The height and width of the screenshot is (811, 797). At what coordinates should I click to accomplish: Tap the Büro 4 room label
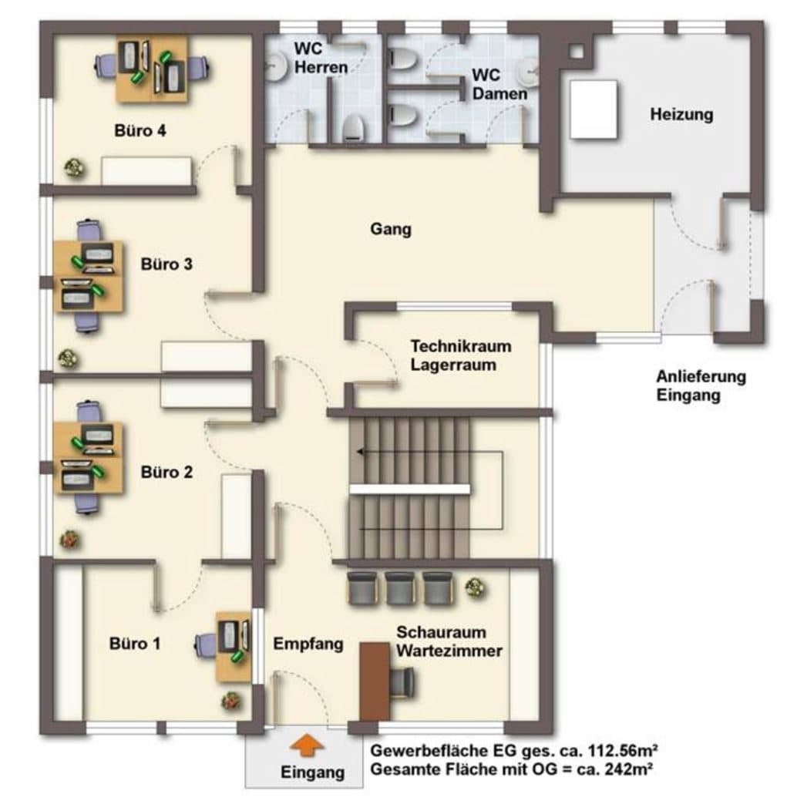[x=140, y=130]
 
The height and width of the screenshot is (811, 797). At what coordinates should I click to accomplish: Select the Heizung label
[x=681, y=114]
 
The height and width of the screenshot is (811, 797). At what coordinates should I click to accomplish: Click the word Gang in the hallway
[x=391, y=229]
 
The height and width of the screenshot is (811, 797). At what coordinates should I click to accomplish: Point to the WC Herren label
[x=321, y=57]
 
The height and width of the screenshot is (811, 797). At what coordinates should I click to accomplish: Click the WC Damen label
[x=499, y=84]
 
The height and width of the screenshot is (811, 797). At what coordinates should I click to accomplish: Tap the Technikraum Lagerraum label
[x=461, y=355]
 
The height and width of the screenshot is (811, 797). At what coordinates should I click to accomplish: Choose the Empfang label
[x=308, y=644]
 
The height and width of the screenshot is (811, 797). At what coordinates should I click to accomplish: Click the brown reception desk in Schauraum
[x=375, y=681]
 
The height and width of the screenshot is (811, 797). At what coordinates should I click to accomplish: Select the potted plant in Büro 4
[x=75, y=167]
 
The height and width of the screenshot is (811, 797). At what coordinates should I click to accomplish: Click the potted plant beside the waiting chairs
[x=476, y=587]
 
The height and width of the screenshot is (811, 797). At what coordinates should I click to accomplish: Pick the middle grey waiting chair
[x=400, y=588]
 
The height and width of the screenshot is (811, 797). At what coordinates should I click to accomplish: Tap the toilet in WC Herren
[x=355, y=126]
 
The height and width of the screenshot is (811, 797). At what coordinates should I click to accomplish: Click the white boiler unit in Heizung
[x=594, y=109]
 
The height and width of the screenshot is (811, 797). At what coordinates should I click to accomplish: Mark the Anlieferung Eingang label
[x=701, y=385]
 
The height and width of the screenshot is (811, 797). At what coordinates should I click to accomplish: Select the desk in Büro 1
[x=234, y=647]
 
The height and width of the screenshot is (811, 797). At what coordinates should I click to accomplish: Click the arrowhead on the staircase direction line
[x=360, y=452]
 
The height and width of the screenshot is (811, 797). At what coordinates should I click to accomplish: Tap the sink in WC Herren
[x=276, y=66]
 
